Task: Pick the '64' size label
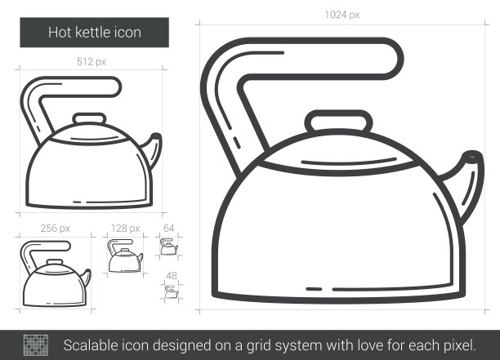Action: click(168, 229)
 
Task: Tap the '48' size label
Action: click(172, 276)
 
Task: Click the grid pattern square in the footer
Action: click(36, 345)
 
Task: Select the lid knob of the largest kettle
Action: click(339, 121)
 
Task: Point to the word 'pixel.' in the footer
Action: click(459, 346)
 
